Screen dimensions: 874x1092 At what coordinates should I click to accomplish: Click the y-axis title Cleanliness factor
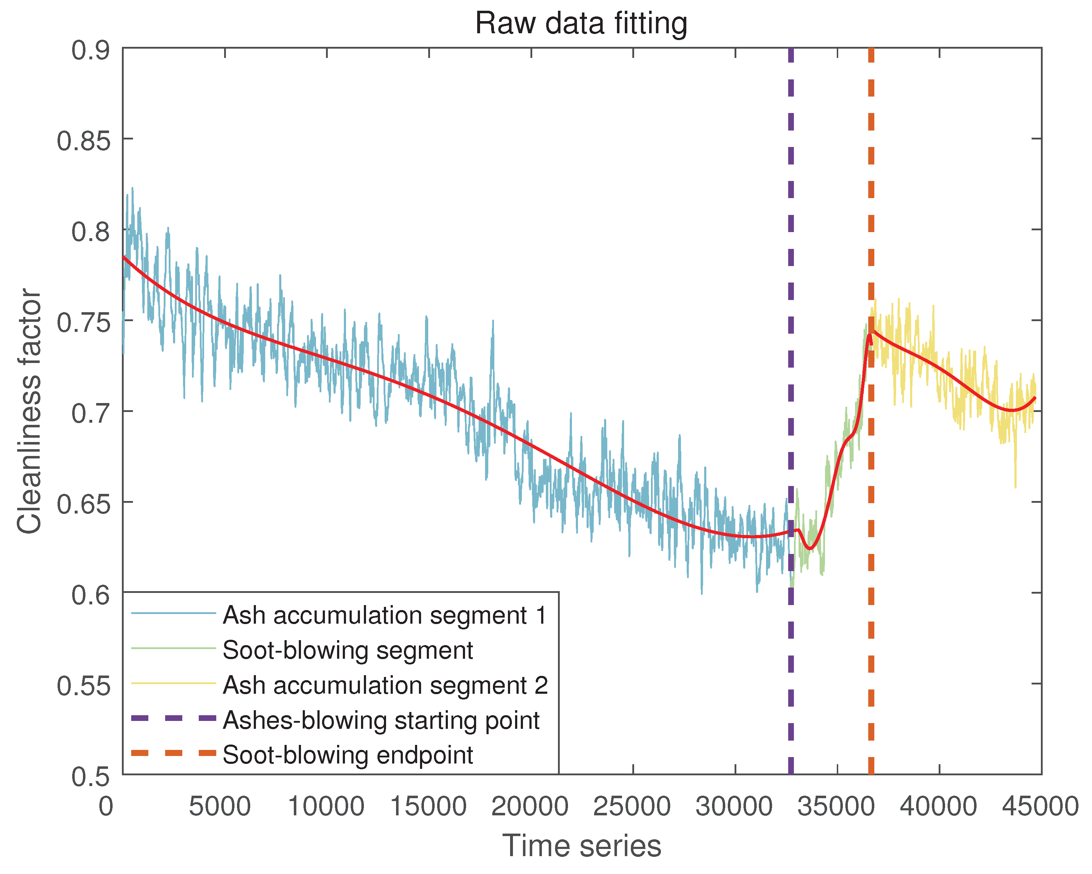coord(29,411)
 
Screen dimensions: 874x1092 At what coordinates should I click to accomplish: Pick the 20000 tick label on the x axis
coord(530,806)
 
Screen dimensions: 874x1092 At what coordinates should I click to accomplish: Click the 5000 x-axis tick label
coord(219,806)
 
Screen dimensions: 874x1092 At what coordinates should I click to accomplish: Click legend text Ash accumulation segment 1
coord(385,615)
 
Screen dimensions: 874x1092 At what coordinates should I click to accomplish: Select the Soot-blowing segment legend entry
coord(347,650)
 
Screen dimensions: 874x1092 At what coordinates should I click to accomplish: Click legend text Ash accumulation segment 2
coord(385,685)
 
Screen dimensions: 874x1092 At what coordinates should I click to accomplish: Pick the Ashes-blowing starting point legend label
coord(381,720)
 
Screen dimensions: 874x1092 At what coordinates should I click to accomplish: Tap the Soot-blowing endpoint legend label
coord(347,755)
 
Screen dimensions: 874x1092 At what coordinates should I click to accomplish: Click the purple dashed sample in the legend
coord(173,718)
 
